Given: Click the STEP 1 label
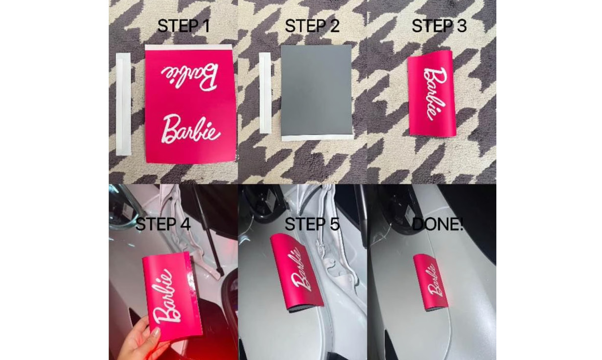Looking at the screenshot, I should [x=184, y=26].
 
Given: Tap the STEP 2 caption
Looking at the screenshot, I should [x=312, y=26].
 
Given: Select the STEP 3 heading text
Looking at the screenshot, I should [x=439, y=26].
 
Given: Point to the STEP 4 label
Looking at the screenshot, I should [x=163, y=224].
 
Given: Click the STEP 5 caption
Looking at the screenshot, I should [x=312, y=224].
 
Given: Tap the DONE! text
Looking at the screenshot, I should [x=438, y=224].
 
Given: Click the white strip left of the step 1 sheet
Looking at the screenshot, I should [x=123, y=104].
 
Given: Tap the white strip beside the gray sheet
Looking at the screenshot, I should [x=265, y=93].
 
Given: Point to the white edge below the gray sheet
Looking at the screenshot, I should [x=317, y=137].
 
